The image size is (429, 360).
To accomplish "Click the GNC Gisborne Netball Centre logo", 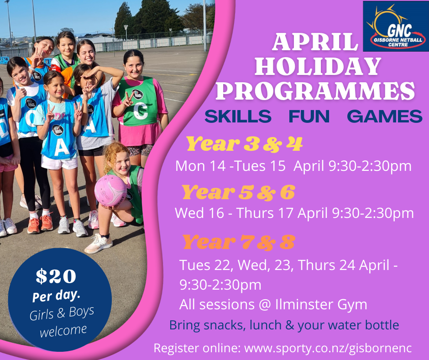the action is [396, 26].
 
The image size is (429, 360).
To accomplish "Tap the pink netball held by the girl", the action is [111, 191].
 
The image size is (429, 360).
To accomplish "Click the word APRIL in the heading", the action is [315, 42].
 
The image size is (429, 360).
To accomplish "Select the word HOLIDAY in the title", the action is [318, 66].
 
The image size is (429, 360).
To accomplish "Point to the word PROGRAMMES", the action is [315, 91].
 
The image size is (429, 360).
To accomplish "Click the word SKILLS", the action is [238, 116].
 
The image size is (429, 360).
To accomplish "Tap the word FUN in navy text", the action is [309, 116].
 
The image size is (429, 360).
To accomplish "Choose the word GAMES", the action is [385, 116].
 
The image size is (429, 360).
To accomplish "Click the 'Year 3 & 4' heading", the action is [244, 144].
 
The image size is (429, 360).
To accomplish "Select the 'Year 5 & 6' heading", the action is [239, 192].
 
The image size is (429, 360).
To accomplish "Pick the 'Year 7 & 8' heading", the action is [239, 242].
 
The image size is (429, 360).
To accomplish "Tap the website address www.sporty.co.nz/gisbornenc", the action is [328, 348].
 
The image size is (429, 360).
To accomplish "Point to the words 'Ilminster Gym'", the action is [321, 304].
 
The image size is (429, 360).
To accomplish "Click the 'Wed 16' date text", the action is [199, 213].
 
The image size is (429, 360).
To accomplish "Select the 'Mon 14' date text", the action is [200, 166].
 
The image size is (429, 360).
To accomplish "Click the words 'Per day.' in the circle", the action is [56, 296].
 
